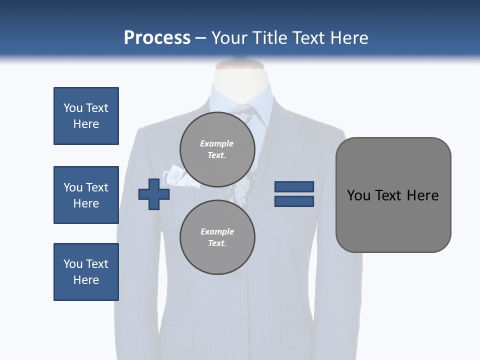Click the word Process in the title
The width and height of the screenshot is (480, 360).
[x=157, y=38]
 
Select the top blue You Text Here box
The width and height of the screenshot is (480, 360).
[x=86, y=116]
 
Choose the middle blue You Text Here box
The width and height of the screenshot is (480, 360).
[x=86, y=195]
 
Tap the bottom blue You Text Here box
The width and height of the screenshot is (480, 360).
[x=86, y=272]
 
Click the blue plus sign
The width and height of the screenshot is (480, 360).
[x=154, y=194]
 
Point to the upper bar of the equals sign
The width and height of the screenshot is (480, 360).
[x=294, y=186]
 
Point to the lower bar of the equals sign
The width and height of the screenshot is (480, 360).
[x=294, y=201]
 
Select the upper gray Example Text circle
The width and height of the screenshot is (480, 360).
[x=217, y=149]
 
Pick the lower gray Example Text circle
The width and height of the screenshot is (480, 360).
[x=217, y=237]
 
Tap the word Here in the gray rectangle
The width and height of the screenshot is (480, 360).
[x=422, y=195]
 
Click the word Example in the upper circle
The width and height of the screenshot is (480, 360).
[x=216, y=143]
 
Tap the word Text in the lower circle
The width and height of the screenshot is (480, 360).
[x=217, y=243]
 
